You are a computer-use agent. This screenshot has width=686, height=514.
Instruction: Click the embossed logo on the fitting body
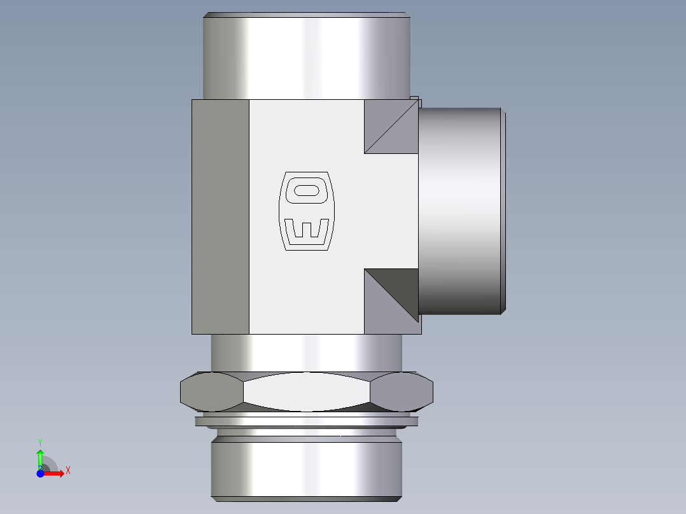point(306,211)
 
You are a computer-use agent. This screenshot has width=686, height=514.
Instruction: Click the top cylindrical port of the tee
point(306,57)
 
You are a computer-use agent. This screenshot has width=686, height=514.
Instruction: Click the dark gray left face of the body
point(220,216)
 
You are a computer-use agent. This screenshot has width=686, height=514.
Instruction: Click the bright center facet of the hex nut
point(306,391)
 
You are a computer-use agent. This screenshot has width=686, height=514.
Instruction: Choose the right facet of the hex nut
point(402,391)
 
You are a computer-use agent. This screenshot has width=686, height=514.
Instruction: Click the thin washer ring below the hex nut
point(306,421)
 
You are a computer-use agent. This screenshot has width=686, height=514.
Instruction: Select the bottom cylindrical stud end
point(306,468)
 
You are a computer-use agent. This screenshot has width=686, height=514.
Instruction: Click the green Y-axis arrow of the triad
point(40,457)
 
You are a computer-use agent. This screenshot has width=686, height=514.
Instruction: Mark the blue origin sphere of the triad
point(40,473)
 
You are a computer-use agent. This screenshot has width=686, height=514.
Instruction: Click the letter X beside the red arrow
point(67,471)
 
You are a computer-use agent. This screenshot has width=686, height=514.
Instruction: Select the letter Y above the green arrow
point(39,441)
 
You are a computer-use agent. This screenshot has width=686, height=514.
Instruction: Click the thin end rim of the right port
point(505,210)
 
